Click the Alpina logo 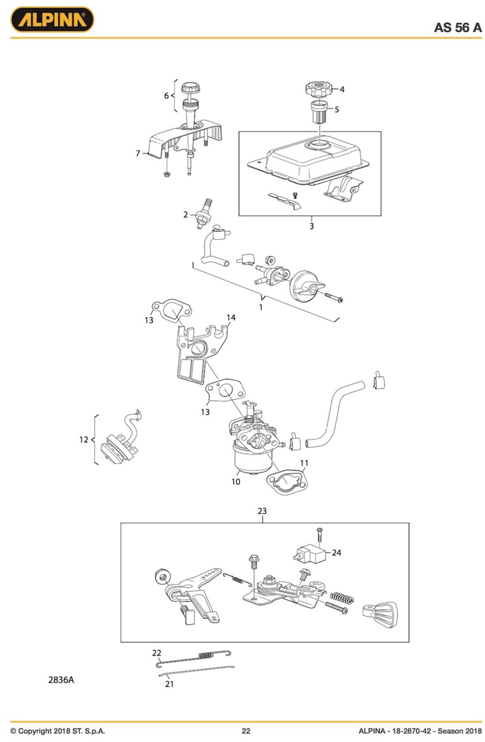click(x=52, y=19)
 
